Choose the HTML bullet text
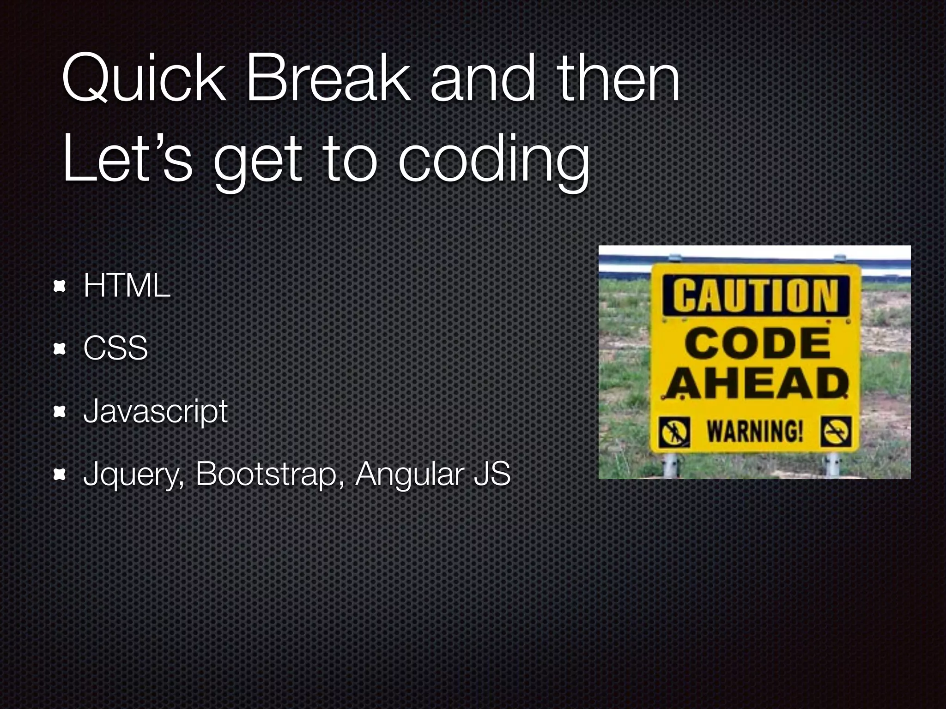click(127, 286)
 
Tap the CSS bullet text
click(115, 348)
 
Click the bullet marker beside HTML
click(59, 287)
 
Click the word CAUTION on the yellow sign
click(755, 296)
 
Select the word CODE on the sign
click(758, 344)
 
